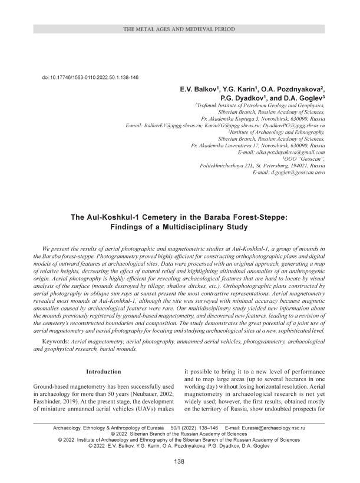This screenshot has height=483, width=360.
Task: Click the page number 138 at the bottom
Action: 180,461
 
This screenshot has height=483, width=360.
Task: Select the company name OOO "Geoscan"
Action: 304,159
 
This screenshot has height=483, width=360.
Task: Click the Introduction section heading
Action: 103,372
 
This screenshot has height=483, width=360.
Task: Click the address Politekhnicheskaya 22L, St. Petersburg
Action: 263,166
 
